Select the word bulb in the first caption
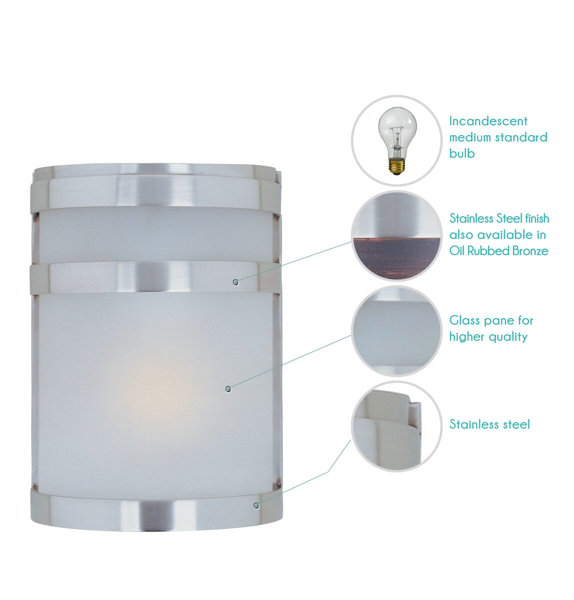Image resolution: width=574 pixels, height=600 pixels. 462,153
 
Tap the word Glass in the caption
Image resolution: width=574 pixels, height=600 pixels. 465,320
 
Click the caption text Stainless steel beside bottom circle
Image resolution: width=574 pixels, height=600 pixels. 489,424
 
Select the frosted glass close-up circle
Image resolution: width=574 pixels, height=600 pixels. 397,330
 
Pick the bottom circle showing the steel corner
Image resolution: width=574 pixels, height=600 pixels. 397,426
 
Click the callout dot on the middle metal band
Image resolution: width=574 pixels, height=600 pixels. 236,282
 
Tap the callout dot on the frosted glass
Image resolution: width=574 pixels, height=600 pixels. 228,388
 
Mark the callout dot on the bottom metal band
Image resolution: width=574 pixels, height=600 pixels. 256,505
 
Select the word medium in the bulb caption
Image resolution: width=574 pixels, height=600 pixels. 470,137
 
